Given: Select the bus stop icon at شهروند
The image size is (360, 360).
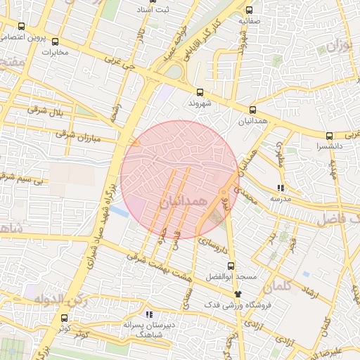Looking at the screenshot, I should pos(200,92).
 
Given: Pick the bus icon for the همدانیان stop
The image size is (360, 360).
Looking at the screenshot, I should pos(252,110).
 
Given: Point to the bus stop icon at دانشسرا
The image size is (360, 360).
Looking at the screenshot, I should pos(329,136).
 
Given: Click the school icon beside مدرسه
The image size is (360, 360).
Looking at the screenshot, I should pos(281,188).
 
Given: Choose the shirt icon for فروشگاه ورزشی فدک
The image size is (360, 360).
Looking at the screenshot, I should pos(237,294).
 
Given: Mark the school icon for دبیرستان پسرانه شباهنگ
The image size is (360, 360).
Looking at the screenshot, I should pos(148,315).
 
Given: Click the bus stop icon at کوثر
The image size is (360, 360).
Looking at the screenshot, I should pos(65,318).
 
